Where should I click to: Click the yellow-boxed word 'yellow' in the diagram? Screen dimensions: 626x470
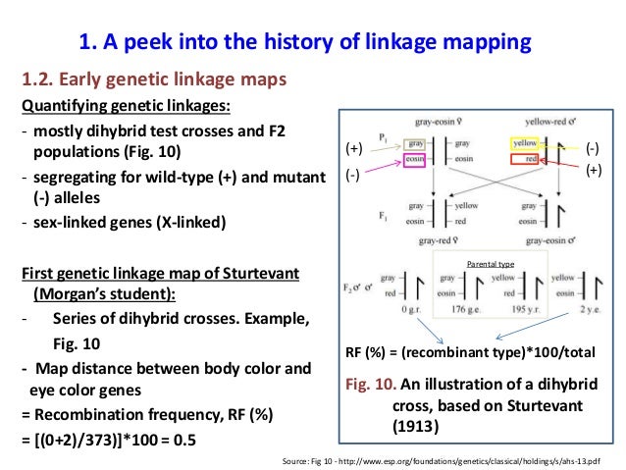click(x=525, y=142)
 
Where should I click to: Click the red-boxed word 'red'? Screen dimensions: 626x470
click(x=529, y=158)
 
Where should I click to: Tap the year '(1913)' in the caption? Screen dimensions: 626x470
click(x=409, y=428)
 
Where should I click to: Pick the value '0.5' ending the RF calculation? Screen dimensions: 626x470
click(x=182, y=440)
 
